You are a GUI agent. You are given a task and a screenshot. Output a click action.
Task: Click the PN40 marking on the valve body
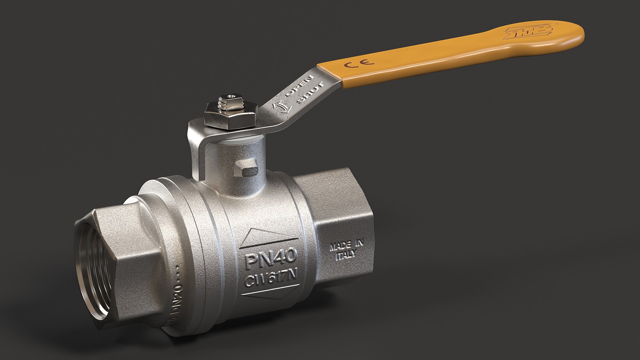pyautogui.click(x=270, y=259)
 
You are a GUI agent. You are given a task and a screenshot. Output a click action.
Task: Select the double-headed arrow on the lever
pyautogui.click(x=280, y=107)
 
